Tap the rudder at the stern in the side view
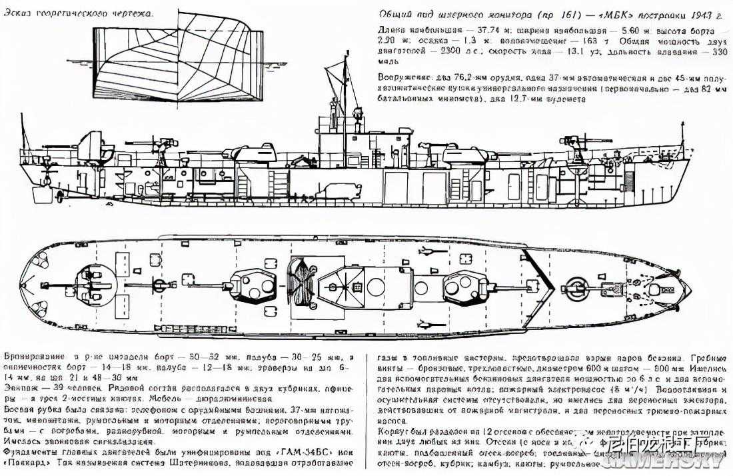point(39,195)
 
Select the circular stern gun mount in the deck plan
point(93,285)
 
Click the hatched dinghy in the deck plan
point(303,284)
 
